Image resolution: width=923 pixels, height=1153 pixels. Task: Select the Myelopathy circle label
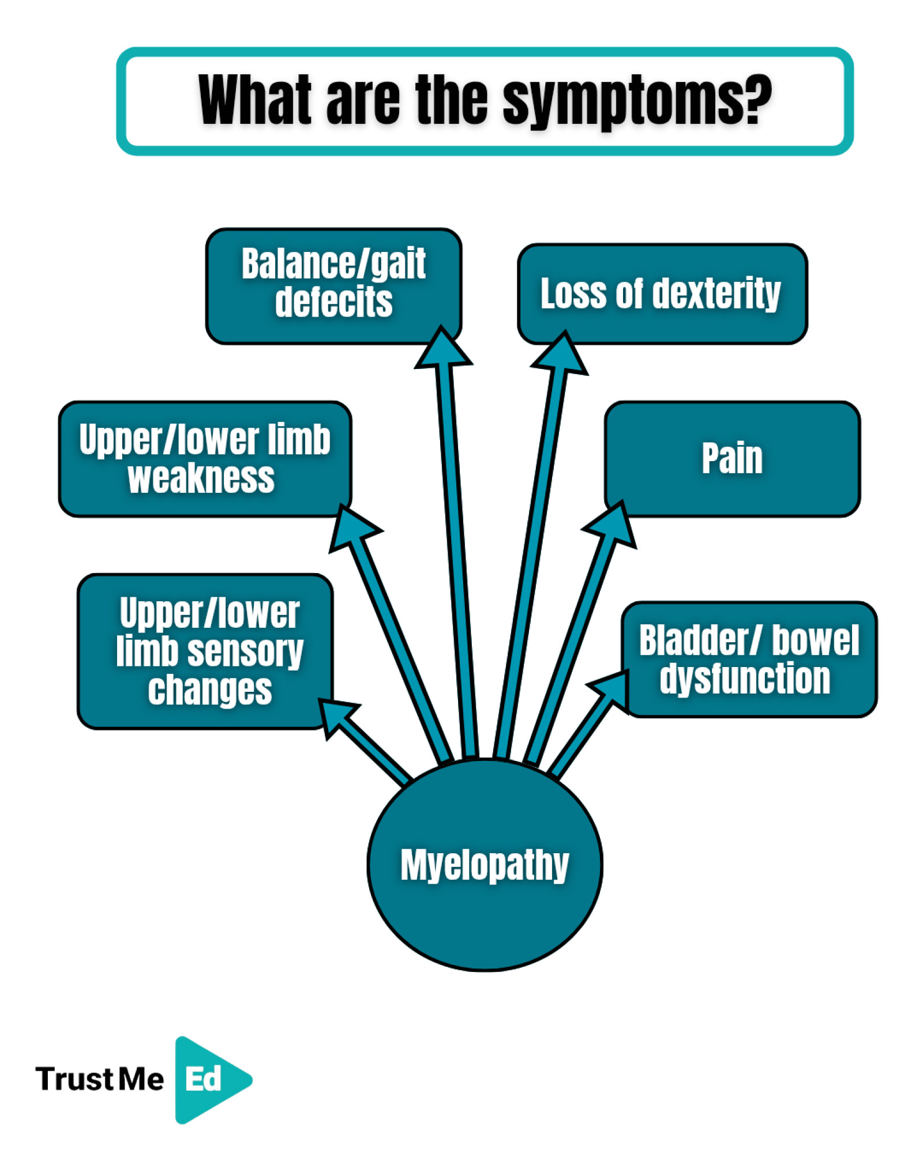pyautogui.click(x=485, y=865)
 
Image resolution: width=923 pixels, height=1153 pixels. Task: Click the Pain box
pyautogui.click(x=732, y=458)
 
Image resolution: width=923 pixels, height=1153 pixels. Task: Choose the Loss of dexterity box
pyautogui.click(x=662, y=293)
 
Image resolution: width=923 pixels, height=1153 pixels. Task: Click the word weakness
pyautogui.click(x=201, y=478)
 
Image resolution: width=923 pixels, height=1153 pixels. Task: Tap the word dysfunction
pyautogui.click(x=745, y=679)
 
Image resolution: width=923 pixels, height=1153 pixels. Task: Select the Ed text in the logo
pyautogui.click(x=203, y=1079)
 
